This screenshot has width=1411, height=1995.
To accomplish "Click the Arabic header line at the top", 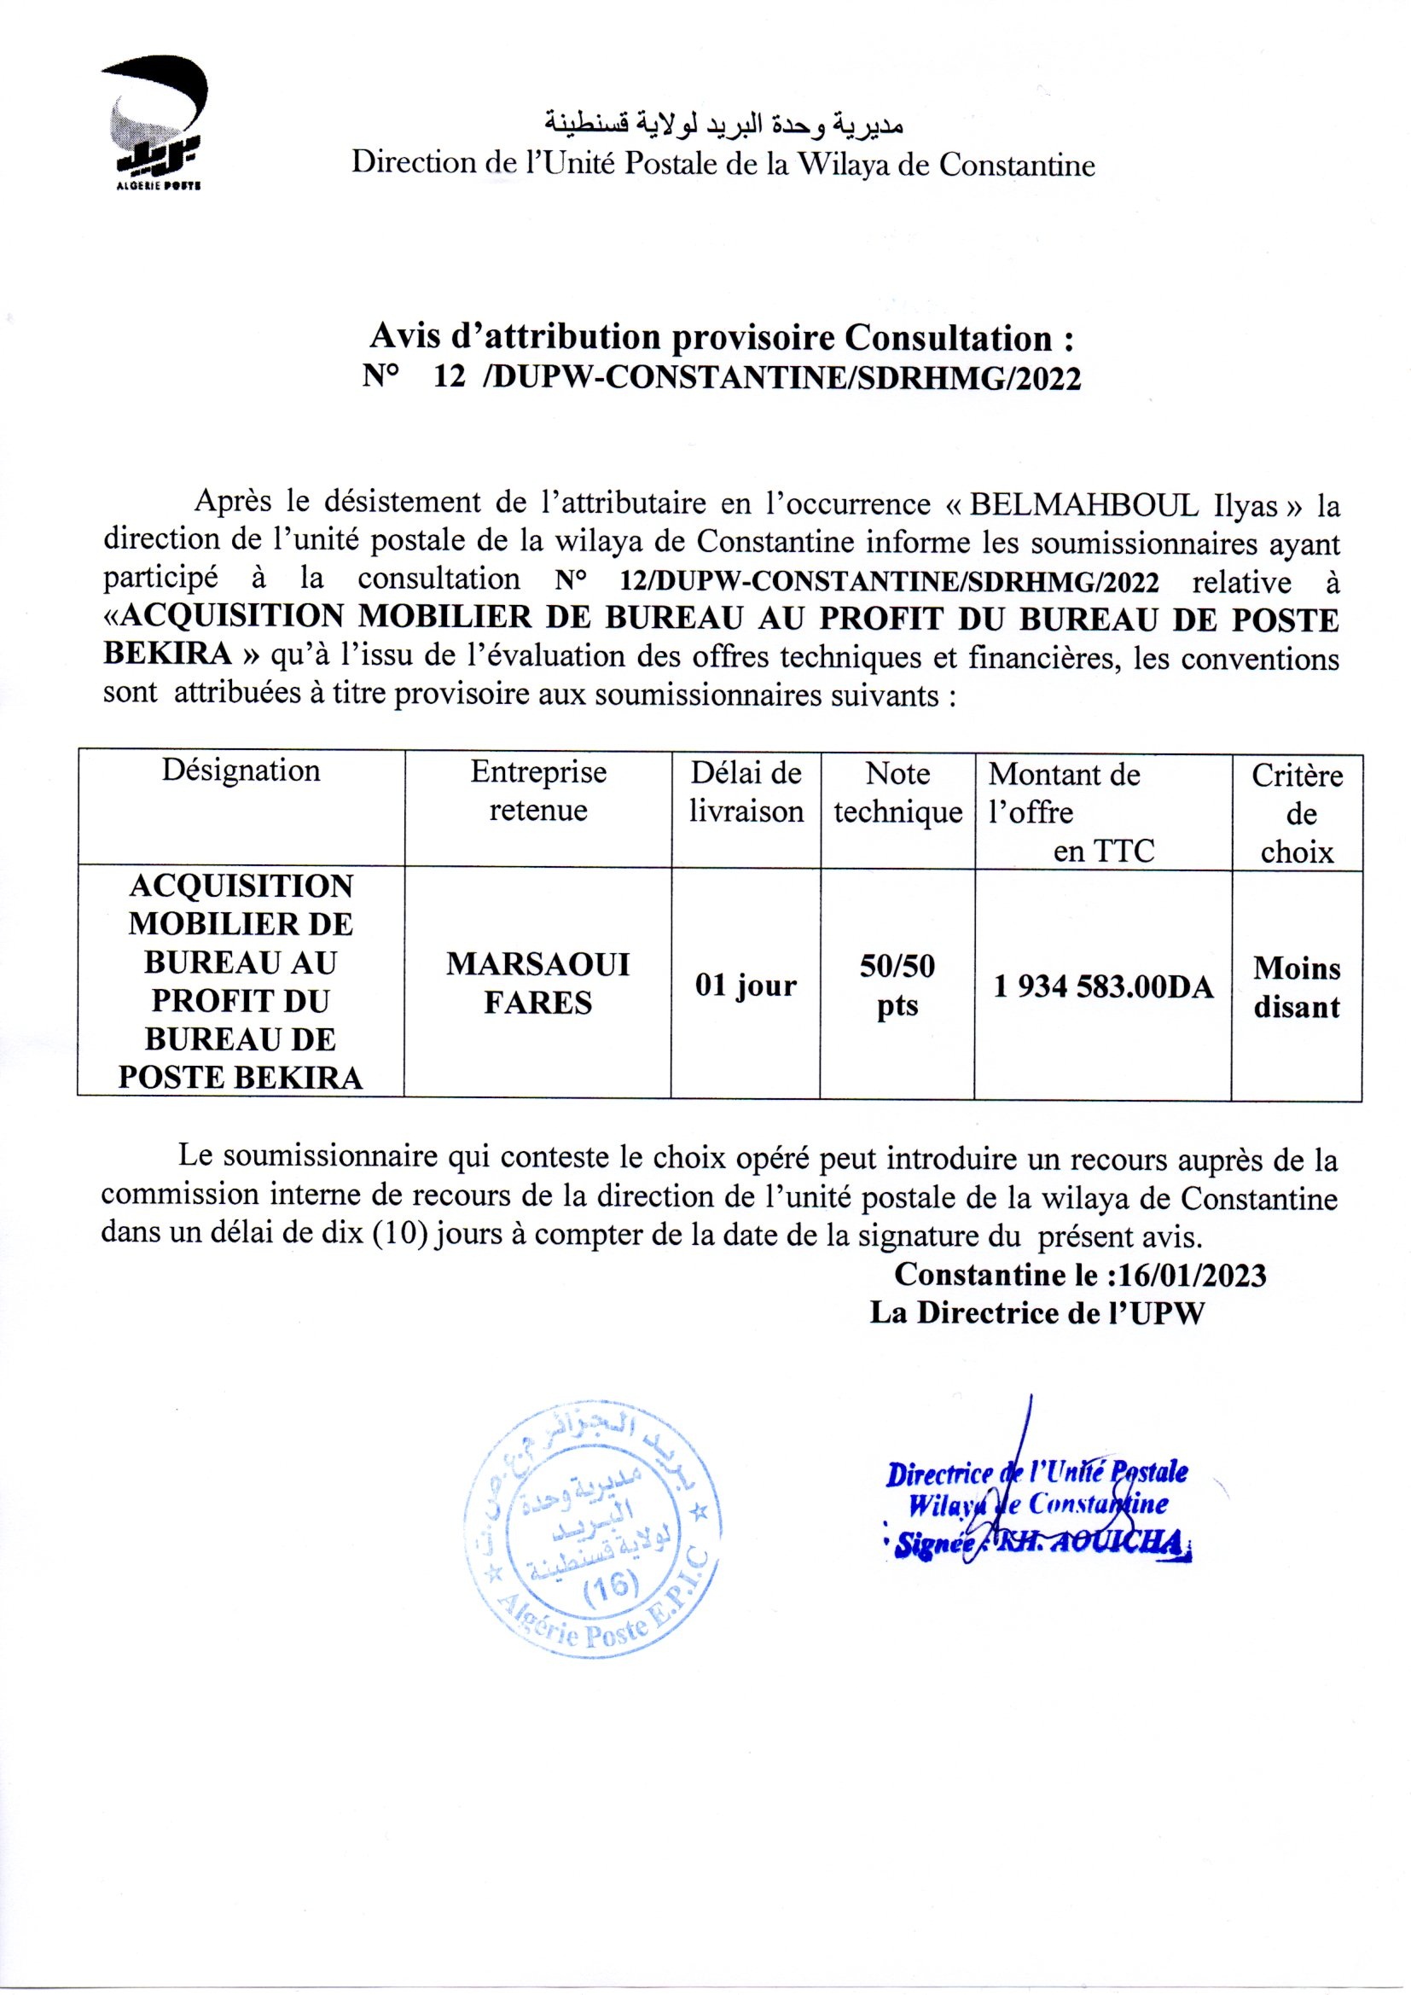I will point(722,125).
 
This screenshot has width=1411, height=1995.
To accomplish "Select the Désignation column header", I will point(241,771).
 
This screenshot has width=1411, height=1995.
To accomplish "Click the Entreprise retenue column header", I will point(537,791).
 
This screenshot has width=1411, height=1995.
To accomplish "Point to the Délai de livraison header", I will point(746,792).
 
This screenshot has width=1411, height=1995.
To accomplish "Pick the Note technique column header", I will point(897,793).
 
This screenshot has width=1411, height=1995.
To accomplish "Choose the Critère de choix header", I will point(1297,813).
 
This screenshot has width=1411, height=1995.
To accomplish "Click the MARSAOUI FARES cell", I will point(537,984).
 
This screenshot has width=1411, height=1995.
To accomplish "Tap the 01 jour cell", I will point(746,986).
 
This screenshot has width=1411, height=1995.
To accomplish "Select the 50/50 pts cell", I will point(897,986).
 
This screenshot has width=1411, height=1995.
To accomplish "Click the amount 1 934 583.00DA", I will point(1102,987).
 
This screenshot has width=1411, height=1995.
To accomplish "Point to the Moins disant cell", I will point(1297,988).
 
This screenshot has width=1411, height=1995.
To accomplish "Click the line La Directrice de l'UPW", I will point(1037,1313).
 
